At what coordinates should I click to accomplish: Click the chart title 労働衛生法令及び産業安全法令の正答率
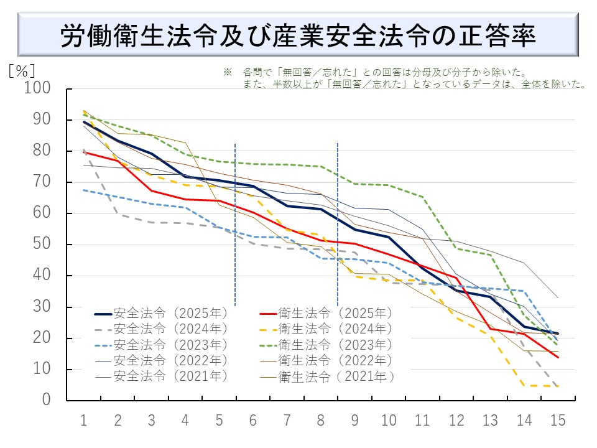pos(298,35)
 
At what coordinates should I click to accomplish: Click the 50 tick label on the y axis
pos(45,245)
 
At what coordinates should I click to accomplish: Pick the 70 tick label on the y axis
pos(45,182)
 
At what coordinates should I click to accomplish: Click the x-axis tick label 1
pos(83,420)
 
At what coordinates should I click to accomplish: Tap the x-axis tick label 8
pos(321,420)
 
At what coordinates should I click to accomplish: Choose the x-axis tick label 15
pos(558,420)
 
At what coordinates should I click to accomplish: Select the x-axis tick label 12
pos(456,420)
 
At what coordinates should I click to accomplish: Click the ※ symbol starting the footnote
pos(227,73)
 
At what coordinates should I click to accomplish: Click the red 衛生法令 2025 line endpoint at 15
pos(558,357)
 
